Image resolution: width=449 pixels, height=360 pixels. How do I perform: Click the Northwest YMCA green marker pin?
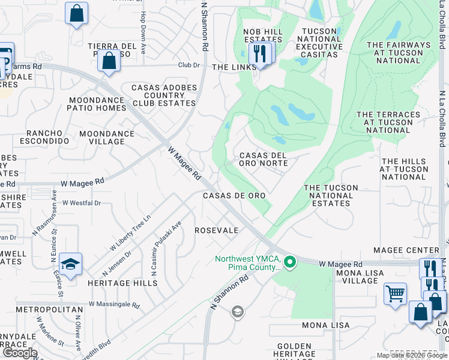click(291, 262)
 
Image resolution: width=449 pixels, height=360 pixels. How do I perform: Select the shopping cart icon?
click(395, 294)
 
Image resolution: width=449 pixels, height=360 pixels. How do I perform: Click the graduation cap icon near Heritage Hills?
click(70, 264)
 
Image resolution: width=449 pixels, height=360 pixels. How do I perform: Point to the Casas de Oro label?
click(234, 196)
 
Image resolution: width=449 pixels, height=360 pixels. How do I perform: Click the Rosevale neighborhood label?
click(217, 230)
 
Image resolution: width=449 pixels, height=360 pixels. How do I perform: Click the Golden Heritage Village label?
click(294, 350)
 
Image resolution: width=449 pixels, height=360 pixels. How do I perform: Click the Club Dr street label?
click(188, 65)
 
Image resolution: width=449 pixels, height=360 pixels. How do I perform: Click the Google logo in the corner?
click(20, 353)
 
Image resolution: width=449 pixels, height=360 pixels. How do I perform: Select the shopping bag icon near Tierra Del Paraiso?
click(109, 61)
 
